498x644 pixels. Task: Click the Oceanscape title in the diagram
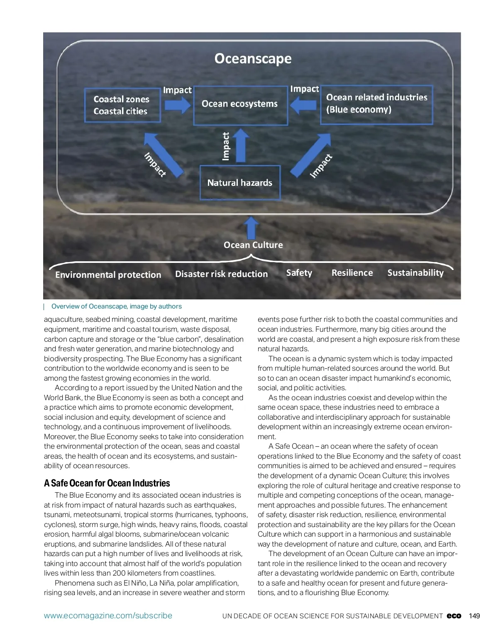[253, 58]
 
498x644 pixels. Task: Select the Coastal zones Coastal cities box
[122, 105]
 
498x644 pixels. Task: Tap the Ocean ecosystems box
[240, 104]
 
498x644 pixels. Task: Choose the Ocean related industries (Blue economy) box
[376, 104]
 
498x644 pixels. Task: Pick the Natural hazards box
[240, 183]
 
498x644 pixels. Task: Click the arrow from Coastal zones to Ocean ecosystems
[177, 105]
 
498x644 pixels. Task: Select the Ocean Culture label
[253, 245]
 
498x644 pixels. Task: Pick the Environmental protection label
[108, 275]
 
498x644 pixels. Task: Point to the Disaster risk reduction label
[221, 274]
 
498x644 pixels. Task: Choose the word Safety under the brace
[299, 273]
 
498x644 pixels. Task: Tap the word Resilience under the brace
[352, 273]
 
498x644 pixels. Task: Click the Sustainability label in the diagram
[415, 273]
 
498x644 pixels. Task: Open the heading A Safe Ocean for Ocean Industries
[107, 483]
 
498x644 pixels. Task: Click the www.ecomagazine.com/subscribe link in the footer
[108, 616]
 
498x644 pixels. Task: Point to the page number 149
[474, 616]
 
